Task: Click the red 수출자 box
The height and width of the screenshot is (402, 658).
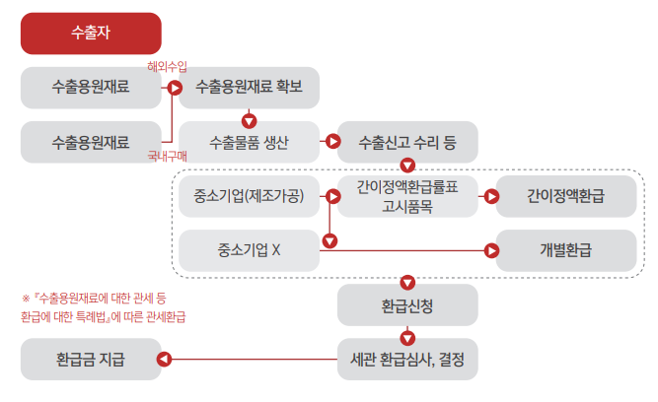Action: pyautogui.click(x=91, y=33)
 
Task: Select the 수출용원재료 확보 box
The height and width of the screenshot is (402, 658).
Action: pyautogui.click(x=249, y=88)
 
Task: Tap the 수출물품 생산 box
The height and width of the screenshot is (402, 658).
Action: pyautogui.click(x=249, y=142)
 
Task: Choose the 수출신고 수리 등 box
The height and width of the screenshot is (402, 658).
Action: pyautogui.click(x=407, y=142)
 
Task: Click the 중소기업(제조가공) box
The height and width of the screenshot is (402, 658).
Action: pyautogui.click(x=249, y=196)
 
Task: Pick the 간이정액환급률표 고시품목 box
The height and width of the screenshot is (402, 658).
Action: pyautogui.click(x=407, y=196)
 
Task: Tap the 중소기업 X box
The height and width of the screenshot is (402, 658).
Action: pyautogui.click(x=249, y=250)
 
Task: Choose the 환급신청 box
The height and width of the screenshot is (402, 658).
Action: pyautogui.click(x=407, y=304)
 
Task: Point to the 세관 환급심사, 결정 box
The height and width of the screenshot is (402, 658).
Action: pyautogui.click(x=407, y=359)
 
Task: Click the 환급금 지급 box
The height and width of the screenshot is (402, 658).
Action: pyautogui.click(x=91, y=359)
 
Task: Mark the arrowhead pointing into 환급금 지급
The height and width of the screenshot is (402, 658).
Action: pyautogui.click(x=165, y=359)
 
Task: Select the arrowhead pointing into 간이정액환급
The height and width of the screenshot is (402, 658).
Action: pyautogui.click(x=490, y=196)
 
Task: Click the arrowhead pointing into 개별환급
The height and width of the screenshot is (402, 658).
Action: pyautogui.click(x=490, y=250)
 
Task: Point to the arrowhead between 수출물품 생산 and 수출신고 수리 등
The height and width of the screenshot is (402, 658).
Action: pyautogui.click(x=331, y=142)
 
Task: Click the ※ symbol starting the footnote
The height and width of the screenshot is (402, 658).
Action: pyautogui.click(x=26, y=297)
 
